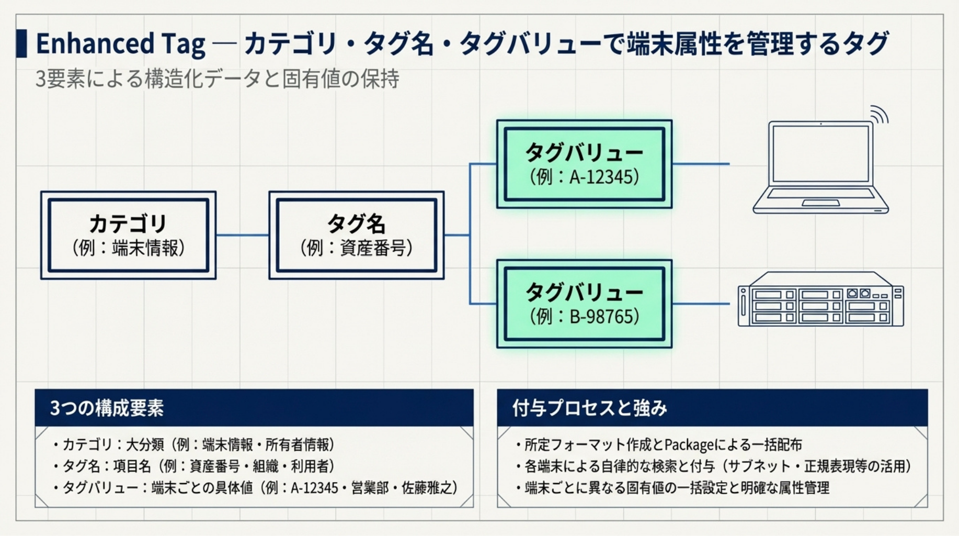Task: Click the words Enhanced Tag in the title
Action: [x=120, y=43]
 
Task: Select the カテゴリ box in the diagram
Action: [x=128, y=235]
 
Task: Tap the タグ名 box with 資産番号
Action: [x=356, y=235]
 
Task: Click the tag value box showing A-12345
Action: [x=584, y=164]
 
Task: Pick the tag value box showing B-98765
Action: [x=584, y=304]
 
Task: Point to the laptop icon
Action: [x=820, y=167]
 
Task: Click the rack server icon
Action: [x=820, y=299]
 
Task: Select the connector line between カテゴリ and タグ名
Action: [x=242, y=235]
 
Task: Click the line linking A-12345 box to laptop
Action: [x=701, y=164]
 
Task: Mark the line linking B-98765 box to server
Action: [x=701, y=304]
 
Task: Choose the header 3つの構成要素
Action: [x=107, y=408]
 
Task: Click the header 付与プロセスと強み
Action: [x=589, y=408]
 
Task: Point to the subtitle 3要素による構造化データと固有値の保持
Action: [x=217, y=79]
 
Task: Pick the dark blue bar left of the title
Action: [x=21, y=43]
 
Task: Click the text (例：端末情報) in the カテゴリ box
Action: [x=128, y=248]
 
